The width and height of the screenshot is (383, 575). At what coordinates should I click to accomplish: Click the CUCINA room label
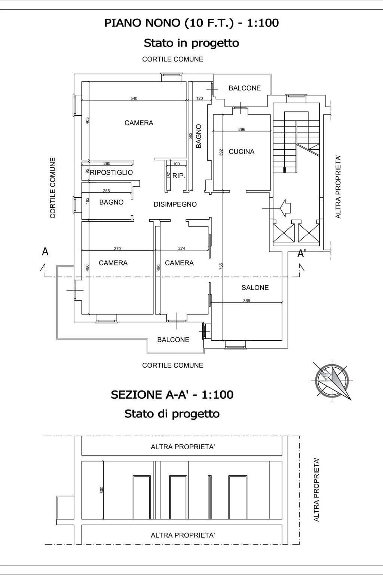(x=241, y=152)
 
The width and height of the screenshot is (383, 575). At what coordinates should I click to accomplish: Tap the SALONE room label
(x=255, y=287)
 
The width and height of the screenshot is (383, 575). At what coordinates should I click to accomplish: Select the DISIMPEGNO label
(x=175, y=204)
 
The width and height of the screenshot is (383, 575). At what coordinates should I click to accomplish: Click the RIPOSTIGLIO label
(x=111, y=173)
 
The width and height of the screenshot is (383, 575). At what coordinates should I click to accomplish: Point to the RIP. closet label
(x=179, y=176)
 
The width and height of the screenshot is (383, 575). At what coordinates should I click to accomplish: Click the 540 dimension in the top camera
(x=134, y=98)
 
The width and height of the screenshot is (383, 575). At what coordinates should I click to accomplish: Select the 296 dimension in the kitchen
(x=242, y=130)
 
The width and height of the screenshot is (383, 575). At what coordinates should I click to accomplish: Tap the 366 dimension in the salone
(x=246, y=301)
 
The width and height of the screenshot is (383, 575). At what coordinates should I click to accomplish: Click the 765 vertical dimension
(x=221, y=266)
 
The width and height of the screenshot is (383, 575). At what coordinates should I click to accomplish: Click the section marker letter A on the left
(x=45, y=252)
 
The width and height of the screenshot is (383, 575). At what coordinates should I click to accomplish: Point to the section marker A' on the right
(x=301, y=254)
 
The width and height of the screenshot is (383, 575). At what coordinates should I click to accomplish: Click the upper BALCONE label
(x=245, y=88)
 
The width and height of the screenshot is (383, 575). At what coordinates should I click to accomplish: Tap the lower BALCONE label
(x=173, y=340)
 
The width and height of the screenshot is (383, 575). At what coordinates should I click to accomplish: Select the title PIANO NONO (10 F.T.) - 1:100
(x=191, y=23)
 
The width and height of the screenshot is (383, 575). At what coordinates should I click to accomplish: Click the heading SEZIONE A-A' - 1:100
(x=172, y=395)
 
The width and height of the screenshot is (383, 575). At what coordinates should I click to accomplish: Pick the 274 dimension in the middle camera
(x=182, y=249)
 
